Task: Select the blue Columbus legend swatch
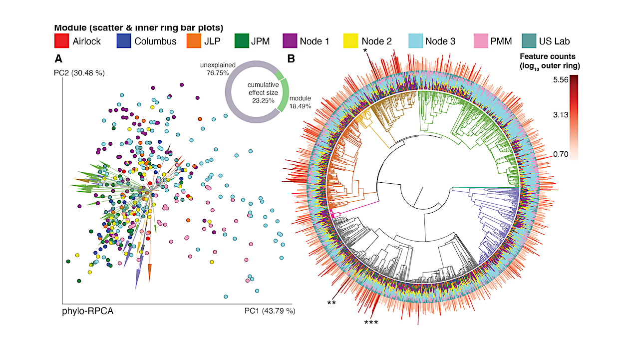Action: pyautogui.click(x=124, y=41)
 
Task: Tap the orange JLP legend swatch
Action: pyautogui.click(x=195, y=41)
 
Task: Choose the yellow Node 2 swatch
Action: pyautogui.click(x=352, y=41)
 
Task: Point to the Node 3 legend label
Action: pyautogui.click(x=440, y=41)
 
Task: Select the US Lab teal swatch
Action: pyautogui.click(x=530, y=41)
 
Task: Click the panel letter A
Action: pyautogui.click(x=58, y=59)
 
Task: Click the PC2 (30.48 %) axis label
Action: pyautogui.click(x=80, y=73)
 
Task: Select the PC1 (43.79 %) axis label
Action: pyautogui.click(x=270, y=311)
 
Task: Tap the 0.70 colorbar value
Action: pyautogui.click(x=562, y=154)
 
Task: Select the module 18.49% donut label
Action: pyautogui.click(x=300, y=102)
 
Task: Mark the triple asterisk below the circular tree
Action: pyautogui.click(x=371, y=323)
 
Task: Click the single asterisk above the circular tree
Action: pyautogui.click(x=366, y=51)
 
